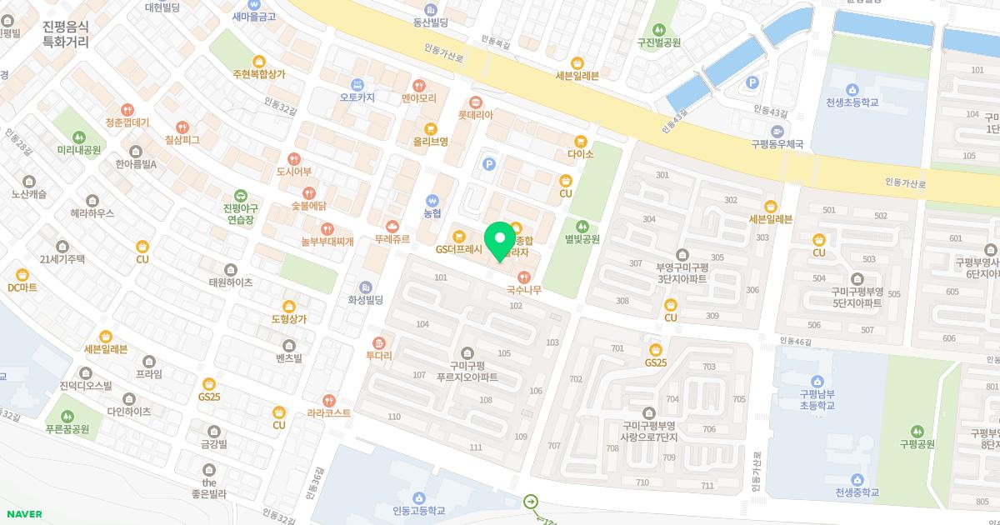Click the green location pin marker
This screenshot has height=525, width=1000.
[500, 241]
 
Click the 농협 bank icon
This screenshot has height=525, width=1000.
[432, 200]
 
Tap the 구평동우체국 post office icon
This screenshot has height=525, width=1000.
[777, 131]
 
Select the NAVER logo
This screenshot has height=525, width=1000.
[22, 514]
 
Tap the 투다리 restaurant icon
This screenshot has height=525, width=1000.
[379, 342]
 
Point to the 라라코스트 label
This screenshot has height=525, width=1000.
[329, 412]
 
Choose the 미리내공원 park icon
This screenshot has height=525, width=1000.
[79, 137]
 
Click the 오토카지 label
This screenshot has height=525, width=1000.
[357, 97]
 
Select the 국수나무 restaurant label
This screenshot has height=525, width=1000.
[524, 290]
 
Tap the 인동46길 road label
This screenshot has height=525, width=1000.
[796, 341]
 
